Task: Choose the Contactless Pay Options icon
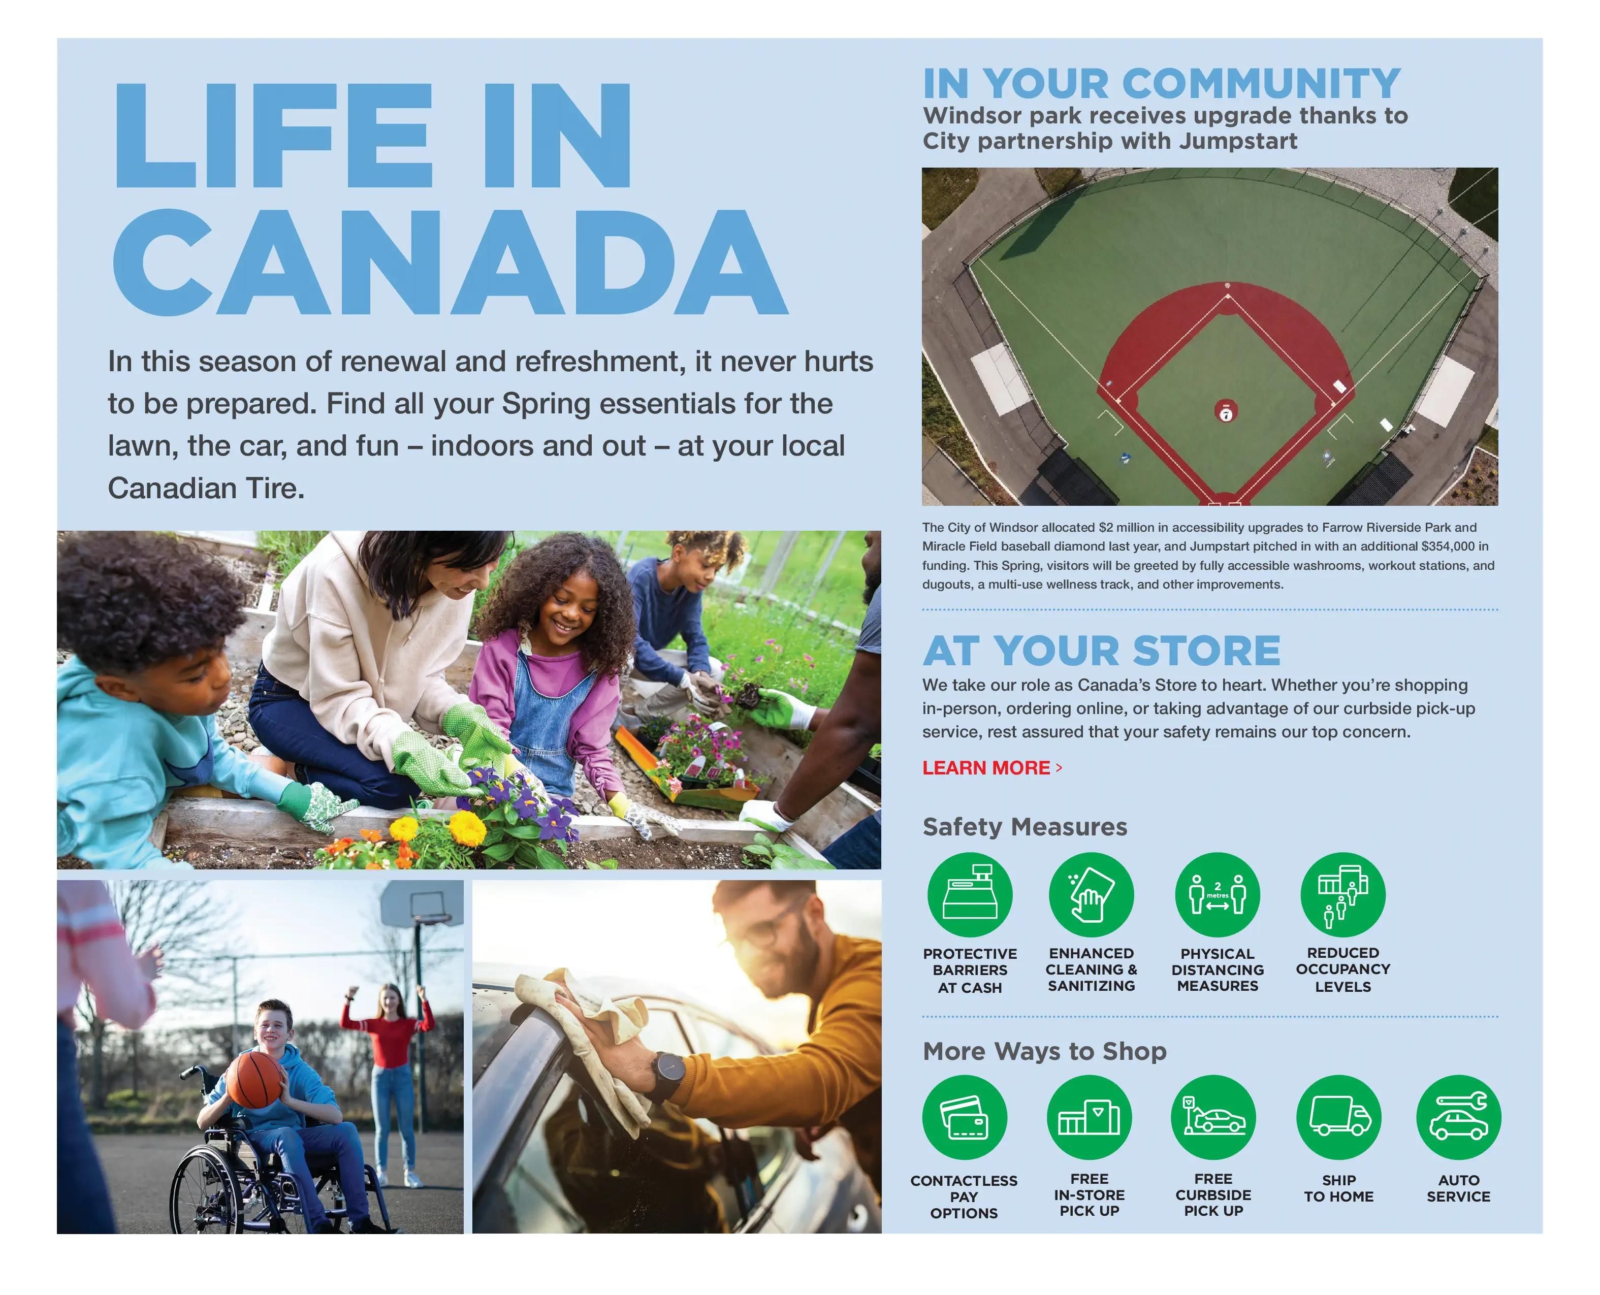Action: coord(965,1117)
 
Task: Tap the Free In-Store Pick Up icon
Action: coord(1089,1117)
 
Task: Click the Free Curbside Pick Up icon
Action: coord(1213,1117)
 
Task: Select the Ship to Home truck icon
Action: coord(1339,1117)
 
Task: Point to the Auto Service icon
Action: coord(1458,1117)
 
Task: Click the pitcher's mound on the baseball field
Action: coord(1226,411)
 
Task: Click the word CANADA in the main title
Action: coord(451,262)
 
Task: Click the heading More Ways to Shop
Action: coord(1044,1051)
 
